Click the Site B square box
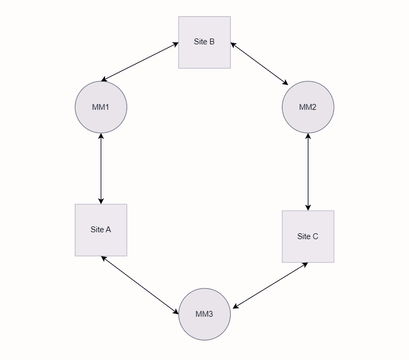[204, 42]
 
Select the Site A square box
[101, 230]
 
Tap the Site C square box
[308, 236]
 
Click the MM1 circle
[101, 107]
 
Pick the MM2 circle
[308, 107]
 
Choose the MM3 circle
[204, 314]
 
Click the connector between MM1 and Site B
[140, 62]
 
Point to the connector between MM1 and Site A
[101, 168]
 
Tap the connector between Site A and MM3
[140, 285]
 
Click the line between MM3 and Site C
[270, 285]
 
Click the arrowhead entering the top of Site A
[101, 201]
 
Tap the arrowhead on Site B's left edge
[176, 44]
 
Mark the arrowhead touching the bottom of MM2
[308, 136]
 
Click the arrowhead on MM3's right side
[235, 307]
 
